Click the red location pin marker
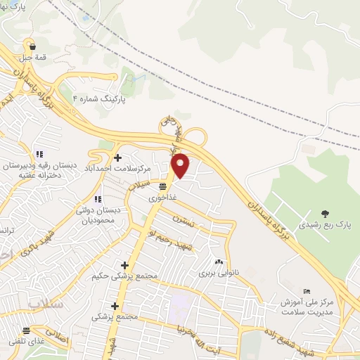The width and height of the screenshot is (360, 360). click(181, 165)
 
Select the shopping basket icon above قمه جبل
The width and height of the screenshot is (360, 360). click(32, 48)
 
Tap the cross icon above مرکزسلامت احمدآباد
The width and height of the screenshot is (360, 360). click(117, 157)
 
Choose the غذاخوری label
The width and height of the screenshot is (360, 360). click(162, 198)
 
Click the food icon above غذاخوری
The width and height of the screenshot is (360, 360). click(162, 186)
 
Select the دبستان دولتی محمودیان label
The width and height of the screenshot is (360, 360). click(99, 214)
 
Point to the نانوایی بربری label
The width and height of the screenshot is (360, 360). click(216, 272)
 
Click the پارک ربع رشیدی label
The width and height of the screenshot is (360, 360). click(324, 225)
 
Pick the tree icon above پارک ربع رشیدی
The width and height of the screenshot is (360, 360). click(324, 213)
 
